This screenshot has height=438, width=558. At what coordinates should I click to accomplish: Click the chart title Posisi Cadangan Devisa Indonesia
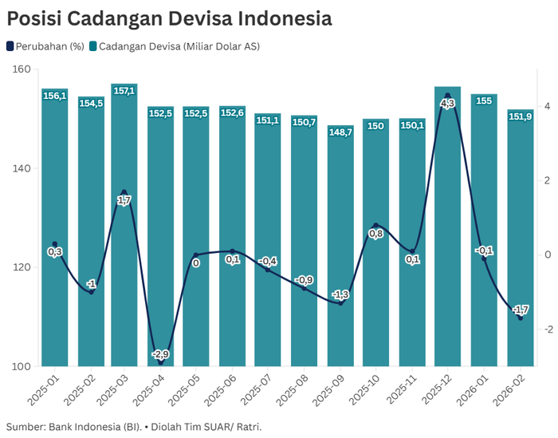[169, 18]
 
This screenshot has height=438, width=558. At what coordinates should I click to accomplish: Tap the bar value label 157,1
[124, 92]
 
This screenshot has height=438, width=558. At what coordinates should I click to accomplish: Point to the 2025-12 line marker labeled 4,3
[448, 96]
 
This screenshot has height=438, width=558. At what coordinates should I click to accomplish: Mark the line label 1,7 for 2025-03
[124, 201]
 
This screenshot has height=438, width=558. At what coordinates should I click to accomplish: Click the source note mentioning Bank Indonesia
[134, 427]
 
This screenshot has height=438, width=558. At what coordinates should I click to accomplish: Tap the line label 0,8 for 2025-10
[376, 234]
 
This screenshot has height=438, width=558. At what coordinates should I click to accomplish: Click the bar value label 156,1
[54, 96]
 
